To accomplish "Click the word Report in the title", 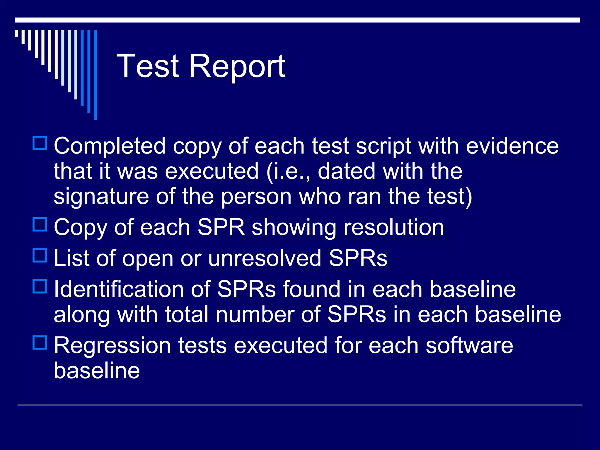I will tap(237, 67).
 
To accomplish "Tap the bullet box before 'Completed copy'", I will tap(40, 143).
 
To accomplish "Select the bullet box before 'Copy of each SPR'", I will tap(40, 225).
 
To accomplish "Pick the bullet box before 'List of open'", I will tap(40, 255).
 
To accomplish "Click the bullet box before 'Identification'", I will tap(40, 287).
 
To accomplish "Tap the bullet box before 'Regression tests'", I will tap(40, 342).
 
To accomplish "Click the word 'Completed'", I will tap(110, 146).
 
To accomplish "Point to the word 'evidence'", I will tap(512, 146).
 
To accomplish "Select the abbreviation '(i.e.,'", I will tap(288, 172).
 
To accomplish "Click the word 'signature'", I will tap(101, 197).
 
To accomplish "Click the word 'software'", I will tap(469, 346).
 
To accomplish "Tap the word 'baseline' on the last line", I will tap(97, 371).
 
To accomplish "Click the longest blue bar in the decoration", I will tap(95, 75).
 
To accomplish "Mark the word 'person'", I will tap(256, 197).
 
